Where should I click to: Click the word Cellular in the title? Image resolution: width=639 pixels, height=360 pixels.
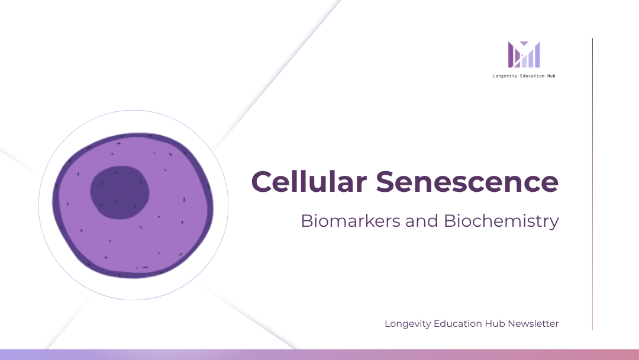click(x=309, y=181)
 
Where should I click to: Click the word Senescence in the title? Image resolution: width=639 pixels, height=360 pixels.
click(x=467, y=182)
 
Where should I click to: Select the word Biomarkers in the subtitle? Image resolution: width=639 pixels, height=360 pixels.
click(x=350, y=221)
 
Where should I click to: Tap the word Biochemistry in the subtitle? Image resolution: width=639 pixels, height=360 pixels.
click(x=501, y=221)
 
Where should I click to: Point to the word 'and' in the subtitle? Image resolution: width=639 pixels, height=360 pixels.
click(x=422, y=221)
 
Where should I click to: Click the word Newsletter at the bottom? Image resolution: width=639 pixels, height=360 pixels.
click(x=533, y=324)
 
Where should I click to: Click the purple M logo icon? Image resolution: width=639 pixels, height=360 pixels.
click(x=524, y=54)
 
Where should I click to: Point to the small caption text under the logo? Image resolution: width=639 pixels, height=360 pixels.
click(x=524, y=76)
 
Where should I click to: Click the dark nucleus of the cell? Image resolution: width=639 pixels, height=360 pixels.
click(x=120, y=192)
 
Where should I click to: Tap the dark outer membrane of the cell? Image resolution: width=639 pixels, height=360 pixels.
click(x=56, y=204)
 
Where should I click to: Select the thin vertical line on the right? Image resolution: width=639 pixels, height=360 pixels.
click(x=592, y=184)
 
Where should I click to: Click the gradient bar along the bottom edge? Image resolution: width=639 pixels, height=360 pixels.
click(x=319, y=355)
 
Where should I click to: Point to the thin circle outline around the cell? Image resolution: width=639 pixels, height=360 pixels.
click(x=38, y=205)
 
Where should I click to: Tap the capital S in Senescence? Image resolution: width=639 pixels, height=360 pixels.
click(x=386, y=182)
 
